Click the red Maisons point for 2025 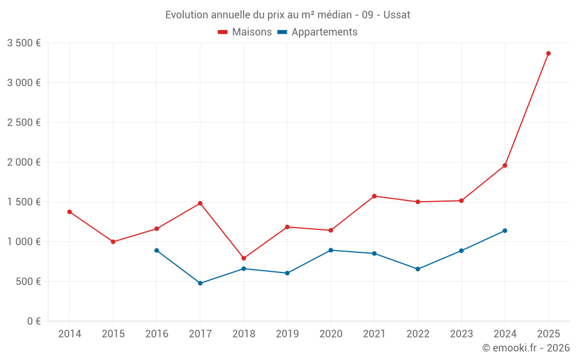pos(548,54)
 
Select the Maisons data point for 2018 pos(244,258)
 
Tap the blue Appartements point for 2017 pos(200,283)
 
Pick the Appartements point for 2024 pos(505,230)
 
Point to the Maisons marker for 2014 pos(70,212)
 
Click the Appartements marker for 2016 pos(157,251)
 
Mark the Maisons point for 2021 pos(374,196)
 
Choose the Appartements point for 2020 pos(331,251)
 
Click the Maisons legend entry pos(245,32)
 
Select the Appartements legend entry pos(317,32)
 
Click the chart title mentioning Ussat pos(287,15)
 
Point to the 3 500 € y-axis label pos(24,43)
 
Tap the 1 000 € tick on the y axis pos(24,242)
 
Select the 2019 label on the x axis pos(287,334)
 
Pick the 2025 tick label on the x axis pos(548,334)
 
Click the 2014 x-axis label pos(70,334)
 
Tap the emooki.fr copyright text pos(525,348)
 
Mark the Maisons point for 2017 pos(200,203)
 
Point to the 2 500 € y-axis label pos(24,123)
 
